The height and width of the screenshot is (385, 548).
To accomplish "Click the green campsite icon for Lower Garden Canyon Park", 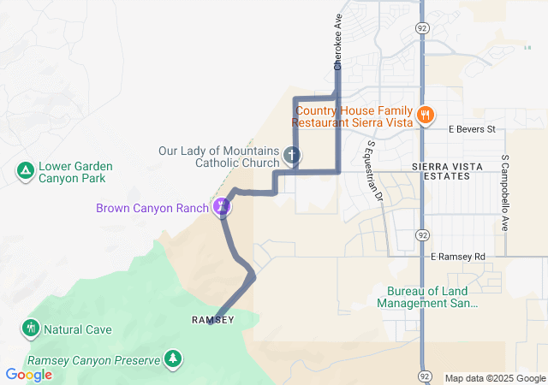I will click(26, 172).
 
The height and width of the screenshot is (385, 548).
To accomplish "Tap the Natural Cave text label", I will click(78, 329).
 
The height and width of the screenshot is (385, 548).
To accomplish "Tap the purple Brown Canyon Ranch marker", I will click(222, 206).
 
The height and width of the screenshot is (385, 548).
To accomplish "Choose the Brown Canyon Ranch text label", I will click(152, 208).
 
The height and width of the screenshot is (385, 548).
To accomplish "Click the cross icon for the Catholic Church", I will click(292, 156).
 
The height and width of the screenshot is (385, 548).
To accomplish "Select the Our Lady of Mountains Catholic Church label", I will click(219, 157).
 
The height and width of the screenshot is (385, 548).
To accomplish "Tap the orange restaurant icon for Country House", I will click(426, 115).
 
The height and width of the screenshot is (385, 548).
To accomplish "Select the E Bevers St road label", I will click(472, 130).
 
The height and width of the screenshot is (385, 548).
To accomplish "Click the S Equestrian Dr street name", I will click(374, 171).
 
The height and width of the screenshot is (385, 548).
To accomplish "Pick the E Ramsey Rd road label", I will click(457, 257).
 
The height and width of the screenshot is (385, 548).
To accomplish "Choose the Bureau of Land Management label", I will click(426, 297).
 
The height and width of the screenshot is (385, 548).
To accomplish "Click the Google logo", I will click(28, 374).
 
